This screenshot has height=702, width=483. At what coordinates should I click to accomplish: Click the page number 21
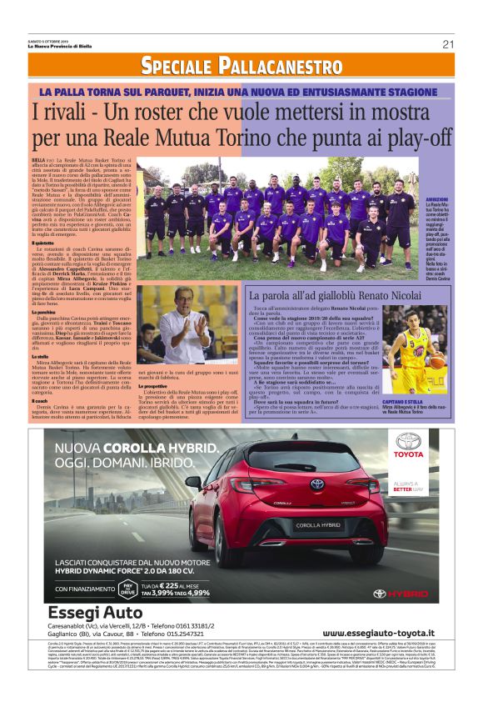[x=448, y=44]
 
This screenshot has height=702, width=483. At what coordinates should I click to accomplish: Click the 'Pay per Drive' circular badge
[x=128, y=589]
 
